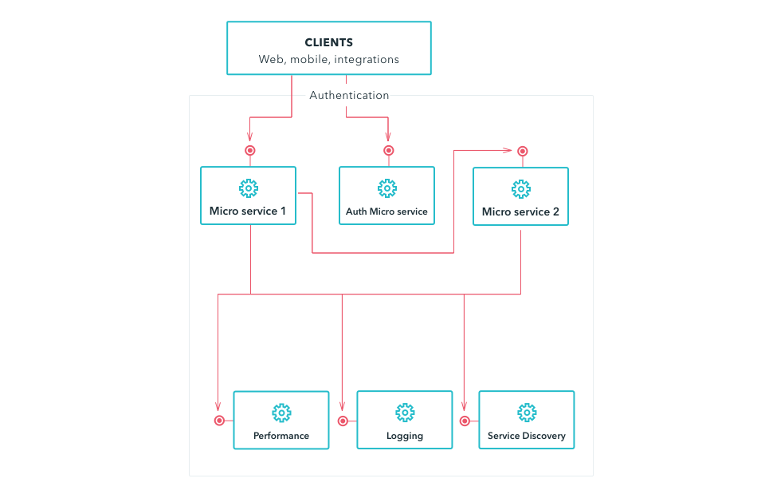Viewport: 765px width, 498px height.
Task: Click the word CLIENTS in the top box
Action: [329, 42]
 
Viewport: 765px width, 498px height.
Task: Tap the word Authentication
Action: [349, 95]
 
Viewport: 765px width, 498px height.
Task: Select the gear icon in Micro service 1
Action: [249, 188]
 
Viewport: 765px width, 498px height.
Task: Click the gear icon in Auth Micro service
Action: [387, 188]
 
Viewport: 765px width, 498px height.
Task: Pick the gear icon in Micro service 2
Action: [521, 189]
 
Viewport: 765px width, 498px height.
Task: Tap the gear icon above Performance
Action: [281, 413]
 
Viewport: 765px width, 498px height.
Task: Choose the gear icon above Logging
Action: [405, 413]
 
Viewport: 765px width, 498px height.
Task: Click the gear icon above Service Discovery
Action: [527, 413]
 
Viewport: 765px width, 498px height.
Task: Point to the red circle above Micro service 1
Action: [249, 151]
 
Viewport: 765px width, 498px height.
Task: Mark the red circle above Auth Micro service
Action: [388, 151]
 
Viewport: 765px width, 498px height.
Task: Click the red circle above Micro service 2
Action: [523, 151]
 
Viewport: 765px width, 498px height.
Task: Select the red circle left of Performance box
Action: [220, 421]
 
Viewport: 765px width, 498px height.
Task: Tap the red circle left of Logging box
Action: [343, 421]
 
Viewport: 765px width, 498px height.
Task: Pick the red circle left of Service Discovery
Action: [465, 421]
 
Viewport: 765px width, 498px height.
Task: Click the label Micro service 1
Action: [248, 211]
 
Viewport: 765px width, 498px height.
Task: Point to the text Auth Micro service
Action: [387, 211]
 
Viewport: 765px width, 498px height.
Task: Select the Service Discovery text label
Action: [527, 436]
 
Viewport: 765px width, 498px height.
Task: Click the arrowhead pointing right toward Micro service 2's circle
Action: [508, 150]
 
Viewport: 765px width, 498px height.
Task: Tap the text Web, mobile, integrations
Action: [329, 60]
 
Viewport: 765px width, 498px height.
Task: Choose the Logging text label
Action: [405, 436]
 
